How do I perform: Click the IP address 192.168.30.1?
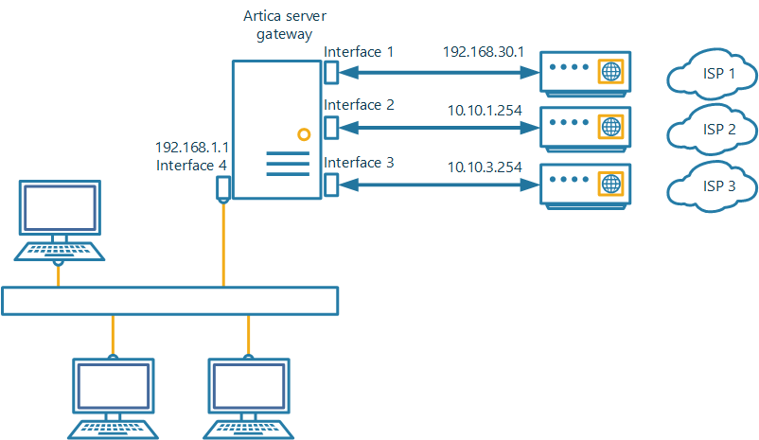point(483,52)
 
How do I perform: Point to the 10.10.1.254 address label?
point(485,110)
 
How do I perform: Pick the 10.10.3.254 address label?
point(485,167)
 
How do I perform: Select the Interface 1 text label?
point(359,51)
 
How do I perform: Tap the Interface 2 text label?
point(359,105)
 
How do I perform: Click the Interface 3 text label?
point(359,163)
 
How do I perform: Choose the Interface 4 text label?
point(192,165)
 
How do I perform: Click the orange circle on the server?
point(303,134)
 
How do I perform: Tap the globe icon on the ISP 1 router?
point(611,71)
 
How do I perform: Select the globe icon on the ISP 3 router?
point(611,181)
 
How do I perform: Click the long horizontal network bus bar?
point(170,301)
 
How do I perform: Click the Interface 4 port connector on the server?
point(223,188)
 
